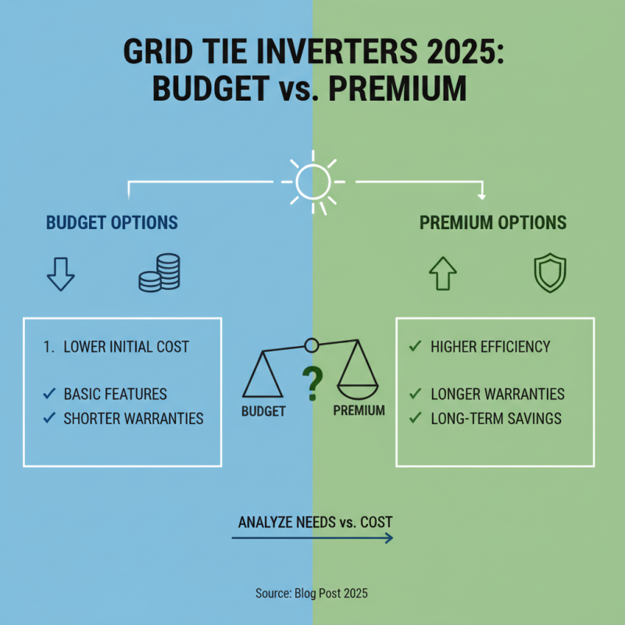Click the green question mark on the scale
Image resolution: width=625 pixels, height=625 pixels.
[x=312, y=383]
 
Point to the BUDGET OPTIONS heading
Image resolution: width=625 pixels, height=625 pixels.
[x=112, y=223]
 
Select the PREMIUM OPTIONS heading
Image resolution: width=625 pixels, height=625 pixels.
[x=492, y=223]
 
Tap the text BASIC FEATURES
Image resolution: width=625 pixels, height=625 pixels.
[x=116, y=395]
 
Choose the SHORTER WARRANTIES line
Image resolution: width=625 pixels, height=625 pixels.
[x=134, y=419]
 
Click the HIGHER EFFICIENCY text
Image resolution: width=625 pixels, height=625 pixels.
[x=491, y=346]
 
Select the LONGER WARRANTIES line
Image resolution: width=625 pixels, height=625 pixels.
[x=498, y=395]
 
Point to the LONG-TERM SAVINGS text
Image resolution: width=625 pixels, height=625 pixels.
[x=496, y=419]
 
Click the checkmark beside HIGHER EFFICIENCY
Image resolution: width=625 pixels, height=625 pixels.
[x=415, y=345]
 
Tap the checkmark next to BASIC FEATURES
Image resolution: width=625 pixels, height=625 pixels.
[x=49, y=394]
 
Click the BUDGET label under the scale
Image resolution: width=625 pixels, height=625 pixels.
[x=263, y=410]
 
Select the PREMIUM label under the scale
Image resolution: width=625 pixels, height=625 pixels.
[x=359, y=410]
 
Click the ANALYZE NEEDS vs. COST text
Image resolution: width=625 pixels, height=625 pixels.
[x=315, y=521]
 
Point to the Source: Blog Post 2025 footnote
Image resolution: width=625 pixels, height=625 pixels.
[x=312, y=594]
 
